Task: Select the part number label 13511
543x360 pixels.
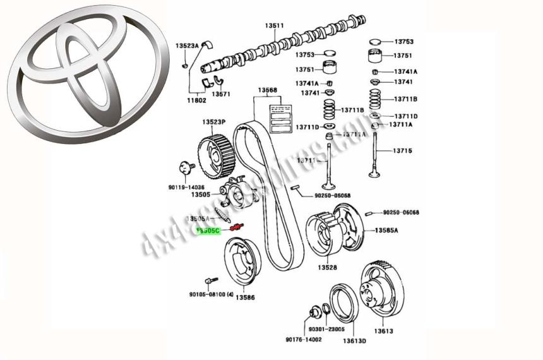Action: (x=274, y=25)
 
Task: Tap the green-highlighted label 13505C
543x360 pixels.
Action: (x=208, y=231)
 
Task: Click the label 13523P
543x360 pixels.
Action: (x=213, y=121)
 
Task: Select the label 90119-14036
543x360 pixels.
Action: (x=187, y=187)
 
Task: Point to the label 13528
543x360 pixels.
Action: (x=327, y=268)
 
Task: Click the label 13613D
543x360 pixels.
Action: (x=354, y=341)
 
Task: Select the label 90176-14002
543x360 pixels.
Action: (x=303, y=339)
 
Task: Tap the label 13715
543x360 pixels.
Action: (x=402, y=150)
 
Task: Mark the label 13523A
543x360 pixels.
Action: (x=187, y=46)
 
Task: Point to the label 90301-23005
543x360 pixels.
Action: (x=327, y=329)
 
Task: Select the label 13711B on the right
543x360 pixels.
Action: (x=406, y=99)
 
